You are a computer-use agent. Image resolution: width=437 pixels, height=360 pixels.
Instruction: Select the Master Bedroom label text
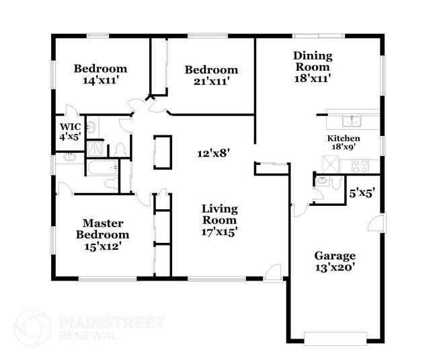point(102,229)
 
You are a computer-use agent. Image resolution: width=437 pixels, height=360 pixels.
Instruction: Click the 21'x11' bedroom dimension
point(211,81)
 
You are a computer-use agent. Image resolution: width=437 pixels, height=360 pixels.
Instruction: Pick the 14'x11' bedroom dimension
point(100,80)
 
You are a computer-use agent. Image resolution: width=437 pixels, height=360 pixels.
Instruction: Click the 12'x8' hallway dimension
point(214,153)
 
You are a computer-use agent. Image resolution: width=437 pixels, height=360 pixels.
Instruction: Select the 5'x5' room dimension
point(362,192)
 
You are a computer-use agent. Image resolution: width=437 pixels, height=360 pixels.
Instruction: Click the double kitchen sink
point(352,122)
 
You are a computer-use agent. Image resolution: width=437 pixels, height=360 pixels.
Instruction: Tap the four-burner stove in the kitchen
point(362,164)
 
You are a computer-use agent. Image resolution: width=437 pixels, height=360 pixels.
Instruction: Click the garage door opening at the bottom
point(335,337)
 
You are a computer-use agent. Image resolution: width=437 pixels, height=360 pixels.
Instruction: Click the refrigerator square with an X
point(329,164)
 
